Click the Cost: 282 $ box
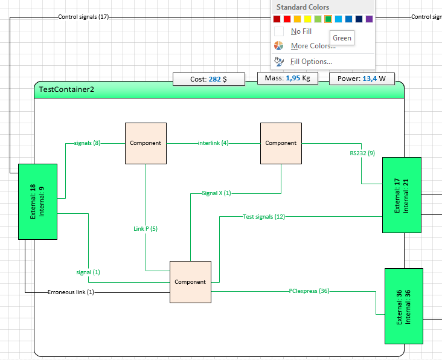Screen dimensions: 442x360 pyautogui.click(x=209, y=79)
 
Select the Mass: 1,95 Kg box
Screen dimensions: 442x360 pyautogui.click(x=287, y=78)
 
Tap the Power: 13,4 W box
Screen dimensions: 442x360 pyautogui.click(x=362, y=79)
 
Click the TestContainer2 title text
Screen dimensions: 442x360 pyautogui.click(x=66, y=89)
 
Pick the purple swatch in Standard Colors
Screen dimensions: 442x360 pyautogui.click(x=369, y=19)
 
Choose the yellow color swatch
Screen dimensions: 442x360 pyautogui.click(x=307, y=19)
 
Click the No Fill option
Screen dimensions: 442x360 pyautogui.click(x=301, y=31)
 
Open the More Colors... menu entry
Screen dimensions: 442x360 pyautogui.click(x=313, y=46)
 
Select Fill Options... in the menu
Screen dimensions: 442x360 pyautogui.click(x=311, y=62)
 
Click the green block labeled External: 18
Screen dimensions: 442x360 pyautogui.click(x=38, y=202)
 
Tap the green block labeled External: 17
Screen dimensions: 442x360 pyautogui.click(x=402, y=195)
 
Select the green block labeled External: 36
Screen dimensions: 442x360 pyautogui.click(x=404, y=306)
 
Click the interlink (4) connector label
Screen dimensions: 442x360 pyautogui.click(x=213, y=143)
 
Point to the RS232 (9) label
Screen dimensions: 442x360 pyautogui.click(x=362, y=153)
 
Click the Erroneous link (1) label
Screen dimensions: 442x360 pyautogui.click(x=71, y=292)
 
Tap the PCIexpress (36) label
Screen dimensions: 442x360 pyautogui.click(x=309, y=291)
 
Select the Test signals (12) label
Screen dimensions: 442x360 pyautogui.click(x=264, y=216)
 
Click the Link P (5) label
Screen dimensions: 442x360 pyautogui.click(x=146, y=229)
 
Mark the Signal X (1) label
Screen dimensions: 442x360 pyautogui.click(x=216, y=193)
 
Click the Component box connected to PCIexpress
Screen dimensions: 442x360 pyautogui.click(x=191, y=282)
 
